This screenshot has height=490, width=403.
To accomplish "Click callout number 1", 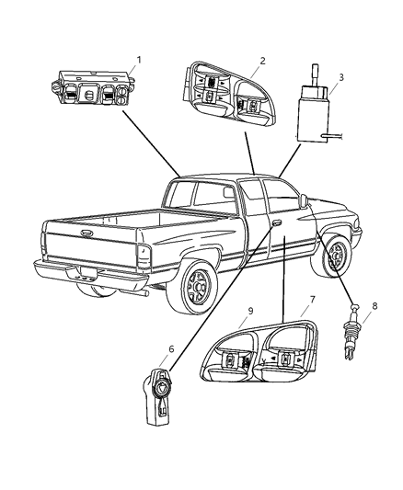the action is [139, 60].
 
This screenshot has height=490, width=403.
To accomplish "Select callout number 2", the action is [262, 61].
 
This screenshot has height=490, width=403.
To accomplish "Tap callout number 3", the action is [341, 77].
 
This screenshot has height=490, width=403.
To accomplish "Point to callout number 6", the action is [171, 348].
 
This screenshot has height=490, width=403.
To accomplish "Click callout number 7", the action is [312, 300].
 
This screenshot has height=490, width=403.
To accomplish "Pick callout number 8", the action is [374, 305].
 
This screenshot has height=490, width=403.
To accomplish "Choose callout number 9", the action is [250, 311].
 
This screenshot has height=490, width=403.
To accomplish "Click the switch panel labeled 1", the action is [93, 87].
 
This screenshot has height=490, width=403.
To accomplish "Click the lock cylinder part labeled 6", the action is [159, 396].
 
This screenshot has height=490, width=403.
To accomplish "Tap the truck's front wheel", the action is [335, 256].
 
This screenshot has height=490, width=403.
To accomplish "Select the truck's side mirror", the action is [304, 200].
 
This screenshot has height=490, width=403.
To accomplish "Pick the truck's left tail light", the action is [144, 256].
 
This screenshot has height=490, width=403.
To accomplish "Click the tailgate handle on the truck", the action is [86, 233].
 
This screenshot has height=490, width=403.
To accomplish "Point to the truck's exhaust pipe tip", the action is [145, 293].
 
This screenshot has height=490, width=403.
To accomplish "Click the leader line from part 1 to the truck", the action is [151, 143].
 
